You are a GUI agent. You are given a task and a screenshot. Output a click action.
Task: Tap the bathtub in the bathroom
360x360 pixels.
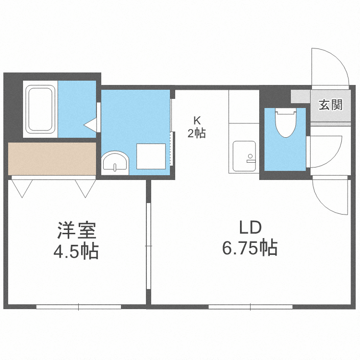40,109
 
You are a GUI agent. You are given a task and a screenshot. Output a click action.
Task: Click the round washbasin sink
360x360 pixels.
115,161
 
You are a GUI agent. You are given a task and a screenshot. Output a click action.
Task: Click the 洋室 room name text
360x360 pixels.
77,230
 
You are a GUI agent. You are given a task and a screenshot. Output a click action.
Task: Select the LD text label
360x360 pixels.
250,227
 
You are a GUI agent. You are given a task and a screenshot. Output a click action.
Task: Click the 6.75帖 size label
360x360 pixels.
250,248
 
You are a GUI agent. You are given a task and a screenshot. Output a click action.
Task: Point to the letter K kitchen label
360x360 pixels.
196,120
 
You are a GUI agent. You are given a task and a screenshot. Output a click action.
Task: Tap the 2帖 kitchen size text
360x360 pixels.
196,133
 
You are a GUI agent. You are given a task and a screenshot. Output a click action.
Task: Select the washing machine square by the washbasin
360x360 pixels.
151,156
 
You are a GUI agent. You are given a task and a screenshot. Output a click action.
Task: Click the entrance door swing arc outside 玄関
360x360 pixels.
331,67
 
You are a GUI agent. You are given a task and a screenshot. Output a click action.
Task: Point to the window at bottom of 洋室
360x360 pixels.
78,306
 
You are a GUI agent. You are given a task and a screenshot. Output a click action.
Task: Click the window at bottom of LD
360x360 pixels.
251,306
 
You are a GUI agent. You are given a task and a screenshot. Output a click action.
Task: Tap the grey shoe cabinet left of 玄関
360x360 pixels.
300,96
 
